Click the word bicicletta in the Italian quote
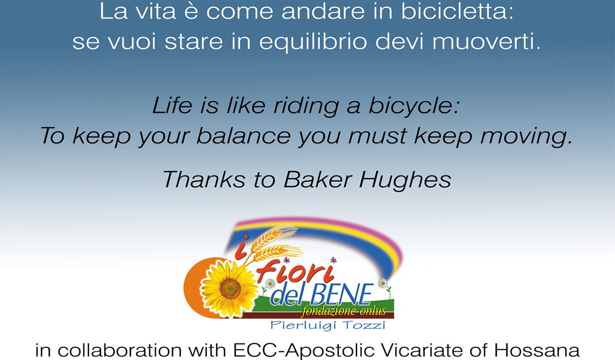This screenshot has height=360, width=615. (457, 11)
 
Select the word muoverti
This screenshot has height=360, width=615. (486, 41)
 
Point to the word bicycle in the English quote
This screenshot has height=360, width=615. (414, 106)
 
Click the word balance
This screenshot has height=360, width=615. (244, 136)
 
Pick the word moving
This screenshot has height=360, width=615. (526, 137)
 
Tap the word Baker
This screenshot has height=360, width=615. (318, 180)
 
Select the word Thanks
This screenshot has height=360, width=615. (203, 180)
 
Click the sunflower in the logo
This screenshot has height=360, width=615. (230, 288)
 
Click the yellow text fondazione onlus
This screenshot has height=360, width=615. (343, 311)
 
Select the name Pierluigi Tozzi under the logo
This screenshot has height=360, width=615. (328, 325)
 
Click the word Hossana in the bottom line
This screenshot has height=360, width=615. (537, 351)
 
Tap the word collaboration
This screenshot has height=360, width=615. (120, 351)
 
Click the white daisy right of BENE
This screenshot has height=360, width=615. (382, 283)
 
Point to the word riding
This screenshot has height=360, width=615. (306, 107)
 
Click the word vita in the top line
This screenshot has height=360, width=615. (156, 11)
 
